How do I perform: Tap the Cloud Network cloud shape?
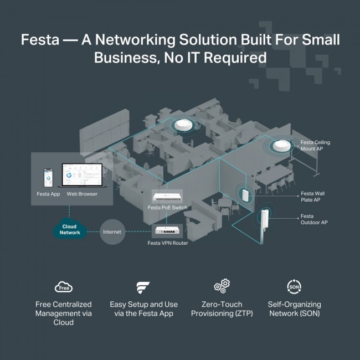point(70,230)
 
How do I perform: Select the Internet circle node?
point(112,232)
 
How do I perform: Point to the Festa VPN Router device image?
point(168,232)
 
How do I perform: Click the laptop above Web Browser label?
point(81,177)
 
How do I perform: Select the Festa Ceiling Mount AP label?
point(315,146)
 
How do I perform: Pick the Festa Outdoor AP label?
point(315,220)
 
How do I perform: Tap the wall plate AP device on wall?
point(244,194)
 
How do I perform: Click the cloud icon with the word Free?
point(64,287)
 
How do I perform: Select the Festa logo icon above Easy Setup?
point(142,287)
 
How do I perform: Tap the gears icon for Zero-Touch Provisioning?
point(222,286)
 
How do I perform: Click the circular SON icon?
point(294,287)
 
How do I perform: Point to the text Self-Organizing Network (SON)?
point(294,309)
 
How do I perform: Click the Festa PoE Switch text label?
point(167,208)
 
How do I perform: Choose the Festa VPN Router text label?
point(167,243)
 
